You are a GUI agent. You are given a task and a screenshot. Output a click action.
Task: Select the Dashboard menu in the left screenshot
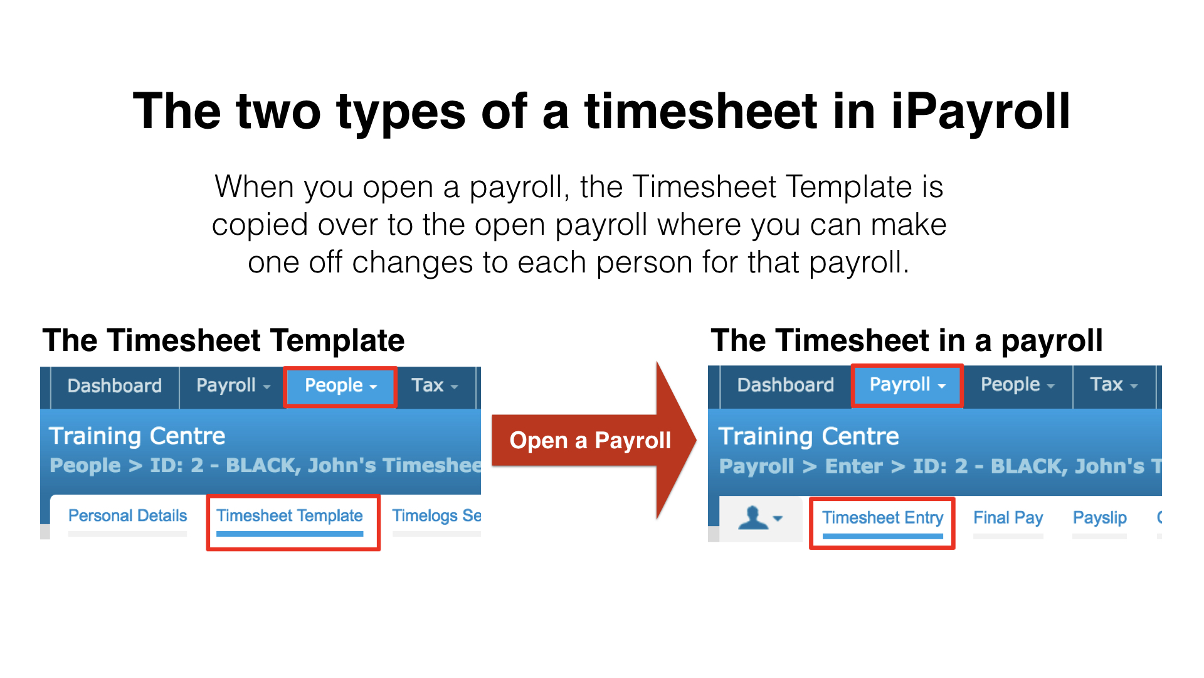115,385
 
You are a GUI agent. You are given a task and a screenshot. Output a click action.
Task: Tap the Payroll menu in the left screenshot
233,385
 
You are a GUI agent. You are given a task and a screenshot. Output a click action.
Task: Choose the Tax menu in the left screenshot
435,385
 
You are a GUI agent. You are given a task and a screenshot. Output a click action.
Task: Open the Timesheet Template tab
290,516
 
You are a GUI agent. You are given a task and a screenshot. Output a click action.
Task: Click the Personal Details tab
128,516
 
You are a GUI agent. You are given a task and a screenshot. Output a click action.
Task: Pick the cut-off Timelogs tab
436,516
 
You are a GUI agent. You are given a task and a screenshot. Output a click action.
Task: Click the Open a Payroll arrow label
590,441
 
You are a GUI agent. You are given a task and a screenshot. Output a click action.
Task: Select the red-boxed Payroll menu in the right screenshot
907,385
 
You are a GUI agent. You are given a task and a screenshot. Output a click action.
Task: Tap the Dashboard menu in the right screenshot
786,385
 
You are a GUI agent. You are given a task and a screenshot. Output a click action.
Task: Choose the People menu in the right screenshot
1017,385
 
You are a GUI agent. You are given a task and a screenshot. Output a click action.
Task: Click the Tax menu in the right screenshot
1114,385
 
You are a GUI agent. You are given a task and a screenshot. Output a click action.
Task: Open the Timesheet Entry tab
883,518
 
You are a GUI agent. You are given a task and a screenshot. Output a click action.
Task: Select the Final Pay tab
1008,518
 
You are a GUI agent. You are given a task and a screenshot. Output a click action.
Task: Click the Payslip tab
1100,518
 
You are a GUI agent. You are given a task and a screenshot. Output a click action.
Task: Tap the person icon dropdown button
761,519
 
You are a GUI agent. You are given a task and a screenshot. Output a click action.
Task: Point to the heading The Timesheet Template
223,341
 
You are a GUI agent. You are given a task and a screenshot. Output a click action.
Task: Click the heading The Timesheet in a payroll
907,341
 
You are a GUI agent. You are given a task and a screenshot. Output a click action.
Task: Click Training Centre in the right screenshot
809,436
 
